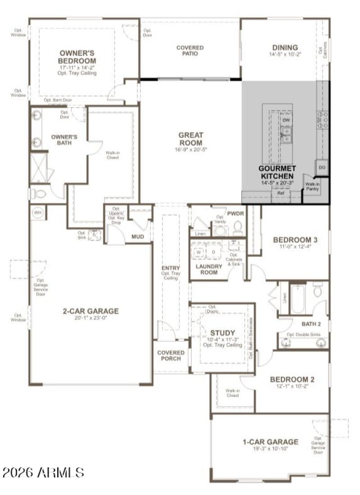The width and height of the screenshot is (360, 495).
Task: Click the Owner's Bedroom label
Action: click(x=77, y=57)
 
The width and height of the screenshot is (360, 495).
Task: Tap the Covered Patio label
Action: click(x=189, y=50)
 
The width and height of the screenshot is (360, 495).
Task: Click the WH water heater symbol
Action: click(x=38, y=212)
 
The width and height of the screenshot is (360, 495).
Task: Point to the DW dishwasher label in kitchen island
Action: click(x=286, y=121)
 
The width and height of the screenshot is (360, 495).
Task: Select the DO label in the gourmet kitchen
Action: click(x=322, y=167)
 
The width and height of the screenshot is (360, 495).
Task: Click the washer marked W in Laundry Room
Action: click(x=198, y=252)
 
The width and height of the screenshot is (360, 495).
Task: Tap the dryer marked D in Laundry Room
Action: click(x=213, y=252)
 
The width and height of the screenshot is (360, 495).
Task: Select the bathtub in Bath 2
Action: click(x=297, y=299)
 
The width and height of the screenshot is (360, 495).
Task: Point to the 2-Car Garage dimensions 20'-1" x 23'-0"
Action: click(x=90, y=318)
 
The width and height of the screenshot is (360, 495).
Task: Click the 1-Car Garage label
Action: click(x=270, y=441)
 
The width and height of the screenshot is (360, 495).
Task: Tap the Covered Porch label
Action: click(x=171, y=355)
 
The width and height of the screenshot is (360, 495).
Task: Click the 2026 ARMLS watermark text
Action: click(x=43, y=472)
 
